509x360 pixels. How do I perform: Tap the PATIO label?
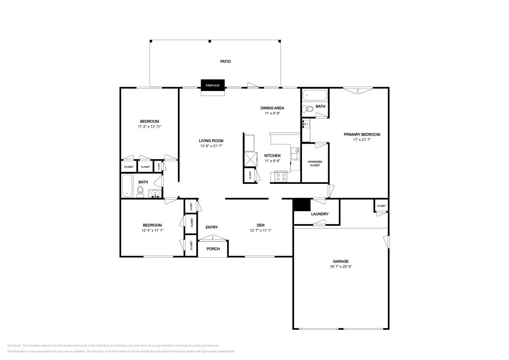coord(226,62)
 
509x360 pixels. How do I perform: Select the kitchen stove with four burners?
coord(281,177)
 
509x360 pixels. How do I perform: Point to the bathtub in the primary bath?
coord(315,95)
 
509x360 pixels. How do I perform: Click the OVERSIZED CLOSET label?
coord(315,163)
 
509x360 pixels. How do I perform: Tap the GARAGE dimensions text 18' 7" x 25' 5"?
coord(341,267)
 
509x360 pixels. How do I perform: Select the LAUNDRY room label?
coord(320,214)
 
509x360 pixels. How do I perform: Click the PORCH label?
coord(213,249)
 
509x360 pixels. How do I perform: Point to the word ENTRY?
coord(212,227)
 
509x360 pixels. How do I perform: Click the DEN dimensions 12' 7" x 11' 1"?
coord(261,230)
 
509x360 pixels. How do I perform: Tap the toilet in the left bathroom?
coord(140,192)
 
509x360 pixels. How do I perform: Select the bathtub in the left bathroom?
coord(127,186)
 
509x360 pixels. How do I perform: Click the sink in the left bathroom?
coord(156,194)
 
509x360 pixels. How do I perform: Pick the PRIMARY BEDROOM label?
coord(362,135)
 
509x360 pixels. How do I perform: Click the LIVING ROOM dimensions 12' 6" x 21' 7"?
coord(211,146)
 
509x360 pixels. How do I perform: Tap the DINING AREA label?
coord(272,108)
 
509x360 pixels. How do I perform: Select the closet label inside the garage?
coord(381,206)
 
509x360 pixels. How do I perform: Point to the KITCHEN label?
coord(272,156)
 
